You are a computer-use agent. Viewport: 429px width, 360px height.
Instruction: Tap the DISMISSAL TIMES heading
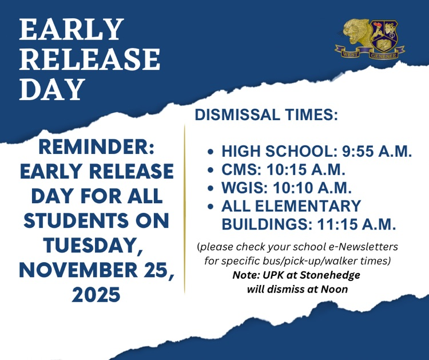point(266,114)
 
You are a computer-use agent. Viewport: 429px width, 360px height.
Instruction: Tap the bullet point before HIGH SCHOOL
point(210,153)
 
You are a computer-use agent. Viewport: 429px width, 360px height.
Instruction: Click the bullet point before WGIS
point(210,188)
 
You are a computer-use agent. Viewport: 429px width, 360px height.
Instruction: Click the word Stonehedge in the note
point(332,275)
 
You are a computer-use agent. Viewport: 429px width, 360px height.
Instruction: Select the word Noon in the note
point(336,289)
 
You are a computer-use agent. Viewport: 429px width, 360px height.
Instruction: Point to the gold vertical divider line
point(185,209)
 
